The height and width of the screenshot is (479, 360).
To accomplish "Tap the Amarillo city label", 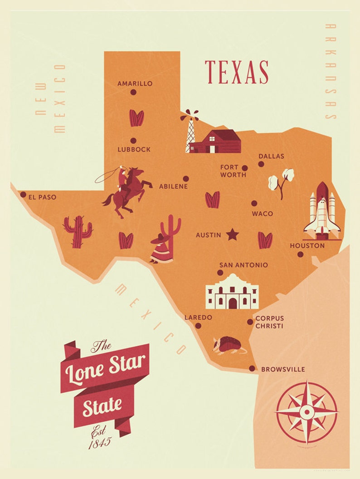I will [x=135, y=83].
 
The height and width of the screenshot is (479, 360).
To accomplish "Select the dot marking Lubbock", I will [x=133, y=141].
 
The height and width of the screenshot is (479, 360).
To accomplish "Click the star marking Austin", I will [x=232, y=235].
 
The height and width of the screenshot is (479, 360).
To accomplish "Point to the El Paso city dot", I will [x=23, y=195].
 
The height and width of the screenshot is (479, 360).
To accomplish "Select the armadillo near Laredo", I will [x=229, y=345].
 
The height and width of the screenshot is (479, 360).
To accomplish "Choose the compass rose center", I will [x=307, y=412].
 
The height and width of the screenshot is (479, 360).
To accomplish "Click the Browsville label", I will [x=283, y=369].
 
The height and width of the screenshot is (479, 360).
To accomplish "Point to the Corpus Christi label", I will [x=269, y=322].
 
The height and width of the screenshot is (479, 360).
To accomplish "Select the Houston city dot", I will [x=300, y=254].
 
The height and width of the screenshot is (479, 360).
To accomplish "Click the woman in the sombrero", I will [x=161, y=249].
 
